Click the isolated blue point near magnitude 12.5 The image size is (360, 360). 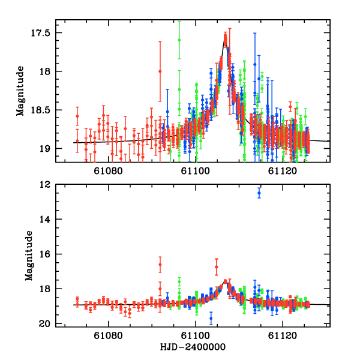click(x=259, y=193)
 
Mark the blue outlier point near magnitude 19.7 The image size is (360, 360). click(x=211, y=319)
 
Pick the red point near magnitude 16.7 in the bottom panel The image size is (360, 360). click(x=216, y=266)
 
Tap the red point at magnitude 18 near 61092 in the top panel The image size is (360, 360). click(x=160, y=71)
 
